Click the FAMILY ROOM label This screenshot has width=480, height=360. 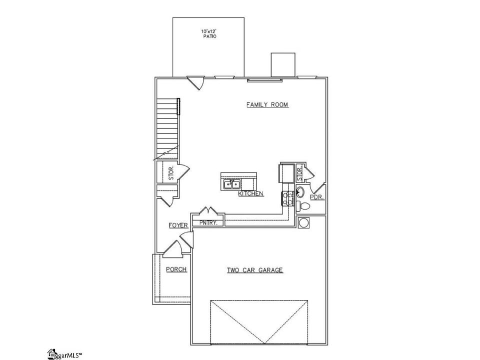tap(267, 104)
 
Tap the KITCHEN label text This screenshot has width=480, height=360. tap(250, 193)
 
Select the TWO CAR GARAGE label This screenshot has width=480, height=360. tap(254, 270)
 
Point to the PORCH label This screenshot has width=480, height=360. tap(176, 269)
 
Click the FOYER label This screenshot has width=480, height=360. tap(178, 225)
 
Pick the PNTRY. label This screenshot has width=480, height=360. tap(208, 222)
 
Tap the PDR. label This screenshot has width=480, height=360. tap(317, 197)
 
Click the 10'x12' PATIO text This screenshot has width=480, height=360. tap(209, 33)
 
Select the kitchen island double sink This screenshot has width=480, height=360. tap(231, 184)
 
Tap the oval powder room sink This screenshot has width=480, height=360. tap(300, 192)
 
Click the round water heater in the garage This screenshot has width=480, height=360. tap(303, 222)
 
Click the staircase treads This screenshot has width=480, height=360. tap(167, 128)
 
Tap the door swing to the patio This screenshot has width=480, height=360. tap(196, 82)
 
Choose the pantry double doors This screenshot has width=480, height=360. tap(208, 211)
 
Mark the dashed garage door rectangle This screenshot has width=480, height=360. tap(259, 322)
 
